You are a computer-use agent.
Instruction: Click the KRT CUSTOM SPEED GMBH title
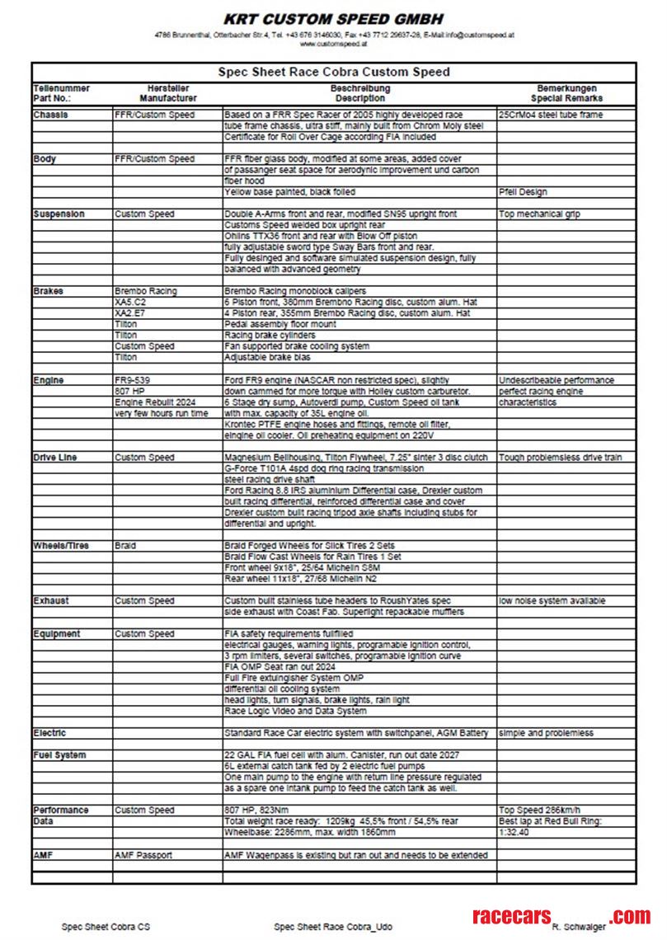[x=333, y=19]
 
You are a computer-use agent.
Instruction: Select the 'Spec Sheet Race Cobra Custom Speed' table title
[x=333, y=73]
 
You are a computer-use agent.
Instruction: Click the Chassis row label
[x=51, y=115]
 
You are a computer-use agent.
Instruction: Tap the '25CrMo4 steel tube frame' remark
[x=550, y=115]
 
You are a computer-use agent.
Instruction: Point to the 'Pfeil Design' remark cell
[x=523, y=192]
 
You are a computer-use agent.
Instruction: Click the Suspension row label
[x=59, y=214]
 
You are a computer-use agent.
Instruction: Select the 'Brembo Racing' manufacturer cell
[x=146, y=291]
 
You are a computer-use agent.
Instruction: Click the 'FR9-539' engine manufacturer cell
[x=133, y=380]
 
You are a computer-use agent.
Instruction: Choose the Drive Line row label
[x=57, y=458]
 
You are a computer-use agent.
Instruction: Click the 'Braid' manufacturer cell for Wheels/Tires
[x=125, y=546]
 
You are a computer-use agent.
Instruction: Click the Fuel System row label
[x=59, y=755]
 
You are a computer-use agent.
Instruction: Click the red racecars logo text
[x=510, y=917]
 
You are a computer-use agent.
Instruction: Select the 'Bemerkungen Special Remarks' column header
[x=566, y=92]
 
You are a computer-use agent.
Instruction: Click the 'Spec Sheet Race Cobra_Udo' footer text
[x=333, y=927]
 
